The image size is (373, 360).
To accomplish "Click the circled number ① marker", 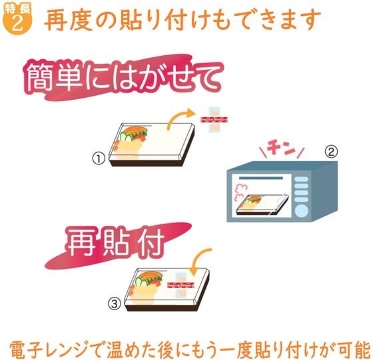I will (99, 158).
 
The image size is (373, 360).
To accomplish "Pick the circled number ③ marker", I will (115, 305).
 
